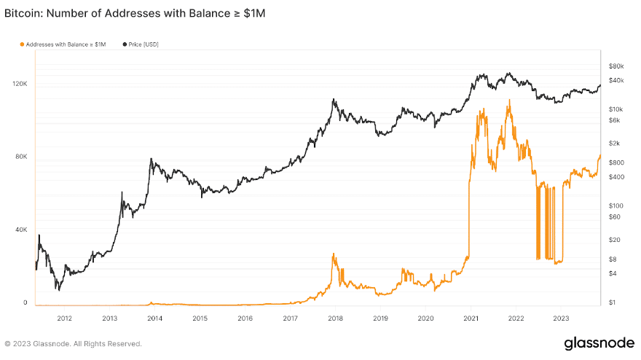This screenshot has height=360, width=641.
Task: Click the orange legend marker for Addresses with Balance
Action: [x=22, y=44]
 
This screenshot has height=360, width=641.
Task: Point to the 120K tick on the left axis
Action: [x=19, y=84]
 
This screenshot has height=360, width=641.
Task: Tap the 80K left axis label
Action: [x=20, y=157]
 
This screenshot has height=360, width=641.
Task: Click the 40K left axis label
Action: [x=20, y=230]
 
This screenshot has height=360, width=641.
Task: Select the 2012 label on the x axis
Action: [x=64, y=318]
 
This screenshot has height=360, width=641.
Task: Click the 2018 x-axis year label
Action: [x=336, y=318]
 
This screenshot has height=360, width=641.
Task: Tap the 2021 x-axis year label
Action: [x=471, y=318]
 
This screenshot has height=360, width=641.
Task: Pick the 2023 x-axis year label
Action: [x=562, y=318]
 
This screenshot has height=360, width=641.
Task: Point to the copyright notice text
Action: [x=73, y=343]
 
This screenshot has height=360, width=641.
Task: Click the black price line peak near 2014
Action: [x=151, y=159]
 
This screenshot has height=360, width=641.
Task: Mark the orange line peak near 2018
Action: [x=334, y=254]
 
